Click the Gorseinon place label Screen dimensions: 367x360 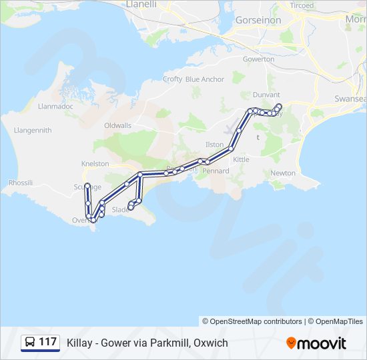(x=258, y=21)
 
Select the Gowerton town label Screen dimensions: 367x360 (x=258, y=59)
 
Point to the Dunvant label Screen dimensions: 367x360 (x=266, y=95)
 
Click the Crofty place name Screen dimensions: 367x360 (x=172, y=79)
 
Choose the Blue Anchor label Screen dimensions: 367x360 (x=205, y=79)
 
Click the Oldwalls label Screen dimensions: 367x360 (x=118, y=125)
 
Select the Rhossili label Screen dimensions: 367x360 (x=21, y=183)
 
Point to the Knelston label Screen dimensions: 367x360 (x=94, y=163)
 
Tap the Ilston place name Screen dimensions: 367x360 (x=214, y=144)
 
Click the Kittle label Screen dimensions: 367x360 (x=241, y=160)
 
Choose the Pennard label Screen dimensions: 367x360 (x=216, y=171)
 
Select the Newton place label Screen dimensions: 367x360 (x=283, y=173)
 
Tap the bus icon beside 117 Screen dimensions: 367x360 (x=30, y=342)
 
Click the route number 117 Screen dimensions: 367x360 (x=48, y=342)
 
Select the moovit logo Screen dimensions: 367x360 (x=316, y=343)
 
